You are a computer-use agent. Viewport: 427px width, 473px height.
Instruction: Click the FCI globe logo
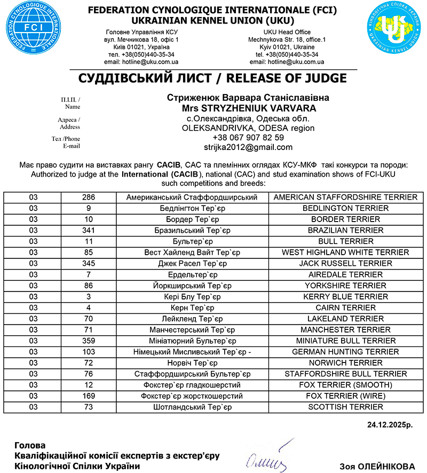[32, 31]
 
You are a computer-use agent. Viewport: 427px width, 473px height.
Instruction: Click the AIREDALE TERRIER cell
[345, 274]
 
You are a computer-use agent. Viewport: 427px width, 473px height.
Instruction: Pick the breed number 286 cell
[88, 197]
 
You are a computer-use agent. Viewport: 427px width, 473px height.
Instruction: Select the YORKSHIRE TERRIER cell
[345, 286]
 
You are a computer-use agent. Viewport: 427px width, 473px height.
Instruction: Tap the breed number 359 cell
[88, 341]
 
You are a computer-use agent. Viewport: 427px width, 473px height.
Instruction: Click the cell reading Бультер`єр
[192, 241]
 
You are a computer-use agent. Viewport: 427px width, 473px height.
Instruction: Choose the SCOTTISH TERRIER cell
[345, 407]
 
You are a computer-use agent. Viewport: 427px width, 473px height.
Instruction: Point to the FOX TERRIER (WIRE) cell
[345, 396]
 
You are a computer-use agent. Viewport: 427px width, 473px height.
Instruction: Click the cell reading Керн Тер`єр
[192, 308]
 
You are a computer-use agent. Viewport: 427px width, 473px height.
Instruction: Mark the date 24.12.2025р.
[391, 426]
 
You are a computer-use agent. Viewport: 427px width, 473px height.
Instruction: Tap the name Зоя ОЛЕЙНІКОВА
[377, 466]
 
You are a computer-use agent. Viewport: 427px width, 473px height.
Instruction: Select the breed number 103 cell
[88, 352]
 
